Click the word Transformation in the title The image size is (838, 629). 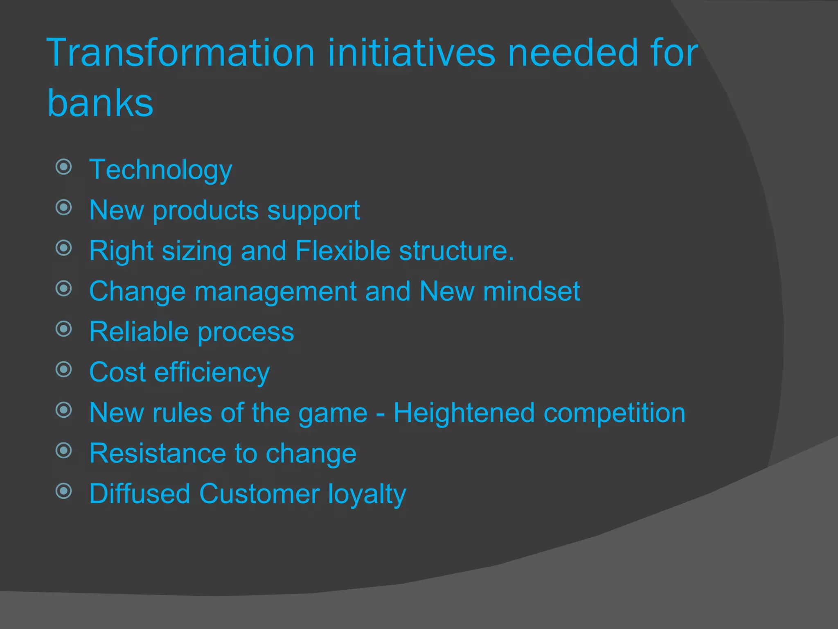click(180, 53)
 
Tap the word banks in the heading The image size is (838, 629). click(100, 103)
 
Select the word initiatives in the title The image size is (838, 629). click(411, 53)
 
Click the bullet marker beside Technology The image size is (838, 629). click(64, 167)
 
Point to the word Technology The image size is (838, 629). click(161, 170)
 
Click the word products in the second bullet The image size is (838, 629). click(205, 211)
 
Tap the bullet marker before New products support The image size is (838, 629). click(64, 207)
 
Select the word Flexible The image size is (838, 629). click(343, 251)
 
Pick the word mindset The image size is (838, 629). click(531, 291)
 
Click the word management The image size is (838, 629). click(276, 292)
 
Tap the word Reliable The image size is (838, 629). click(140, 331)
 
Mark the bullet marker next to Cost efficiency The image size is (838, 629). click(64, 369)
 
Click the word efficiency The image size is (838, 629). click(212, 373)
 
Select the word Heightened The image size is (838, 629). click(464, 413)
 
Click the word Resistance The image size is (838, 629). click(158, 453)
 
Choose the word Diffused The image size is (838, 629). click(140, 493)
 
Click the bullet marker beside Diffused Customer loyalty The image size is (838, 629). click(64, 491)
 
